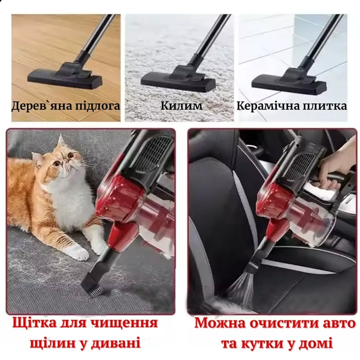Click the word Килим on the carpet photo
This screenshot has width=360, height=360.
coord(181,106)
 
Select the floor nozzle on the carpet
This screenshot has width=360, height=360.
coord(178,79)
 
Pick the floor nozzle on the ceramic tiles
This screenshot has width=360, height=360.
coord(289,81)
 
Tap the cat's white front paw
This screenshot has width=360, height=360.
coord(78,252)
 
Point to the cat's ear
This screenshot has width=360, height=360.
coord(60,142)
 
